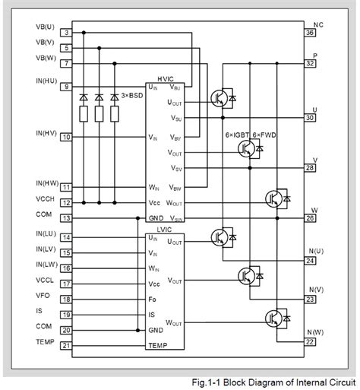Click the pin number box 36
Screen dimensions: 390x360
pos(310,33)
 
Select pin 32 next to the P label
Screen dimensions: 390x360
pos(310,64)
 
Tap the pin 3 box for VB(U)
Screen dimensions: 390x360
pos(67,33)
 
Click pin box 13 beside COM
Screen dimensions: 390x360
pos(67,218)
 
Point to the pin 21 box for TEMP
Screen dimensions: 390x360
pos(67,346)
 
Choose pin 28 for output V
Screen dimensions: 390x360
pos(310,168)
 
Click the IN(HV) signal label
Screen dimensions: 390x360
pos(47,133)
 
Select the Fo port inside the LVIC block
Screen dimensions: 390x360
pos(153,299)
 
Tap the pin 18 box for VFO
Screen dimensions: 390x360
pos(67,300)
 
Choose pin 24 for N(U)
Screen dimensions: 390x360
pos(310,261)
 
